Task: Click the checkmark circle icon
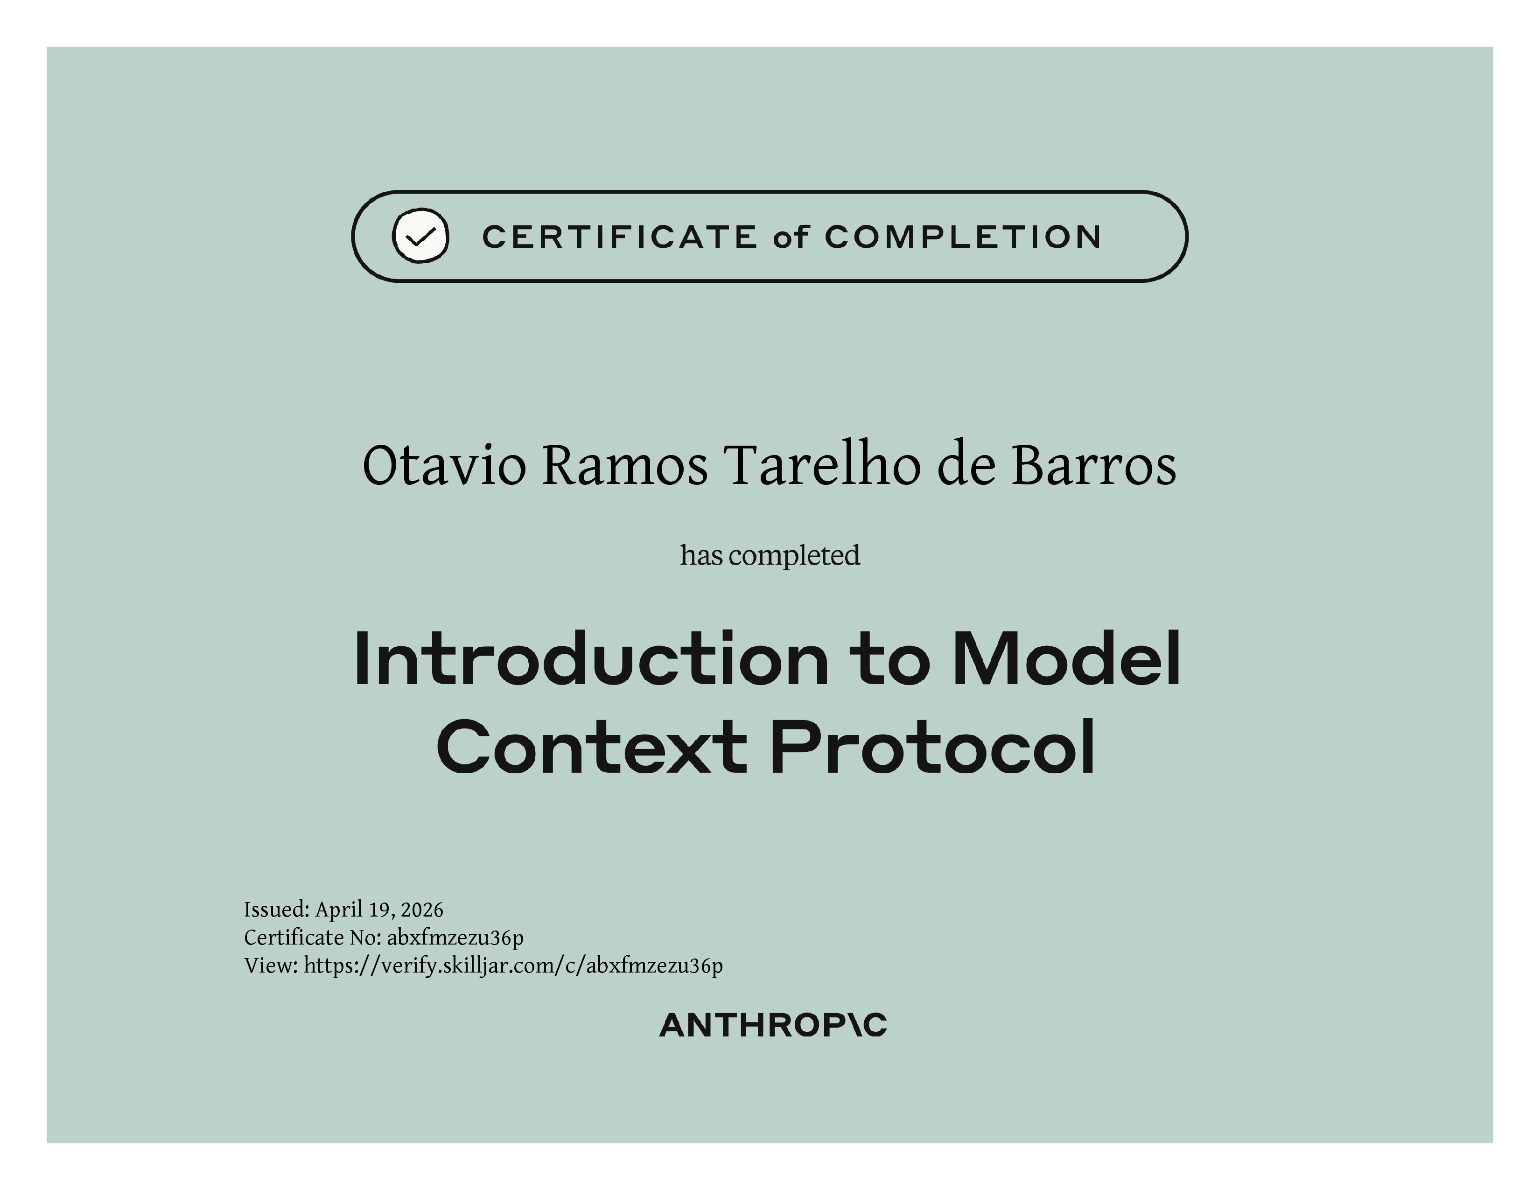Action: point(420,236)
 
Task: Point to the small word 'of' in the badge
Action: point(791,237)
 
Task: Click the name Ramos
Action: point(625,466)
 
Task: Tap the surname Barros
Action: point(1094,466)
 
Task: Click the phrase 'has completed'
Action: point(770,555)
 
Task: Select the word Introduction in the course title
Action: point(591,658)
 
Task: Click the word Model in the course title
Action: point(1066,658)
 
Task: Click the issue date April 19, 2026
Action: point(379,910)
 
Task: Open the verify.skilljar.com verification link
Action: point(513,966)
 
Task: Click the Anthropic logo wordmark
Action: point(773,1026)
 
